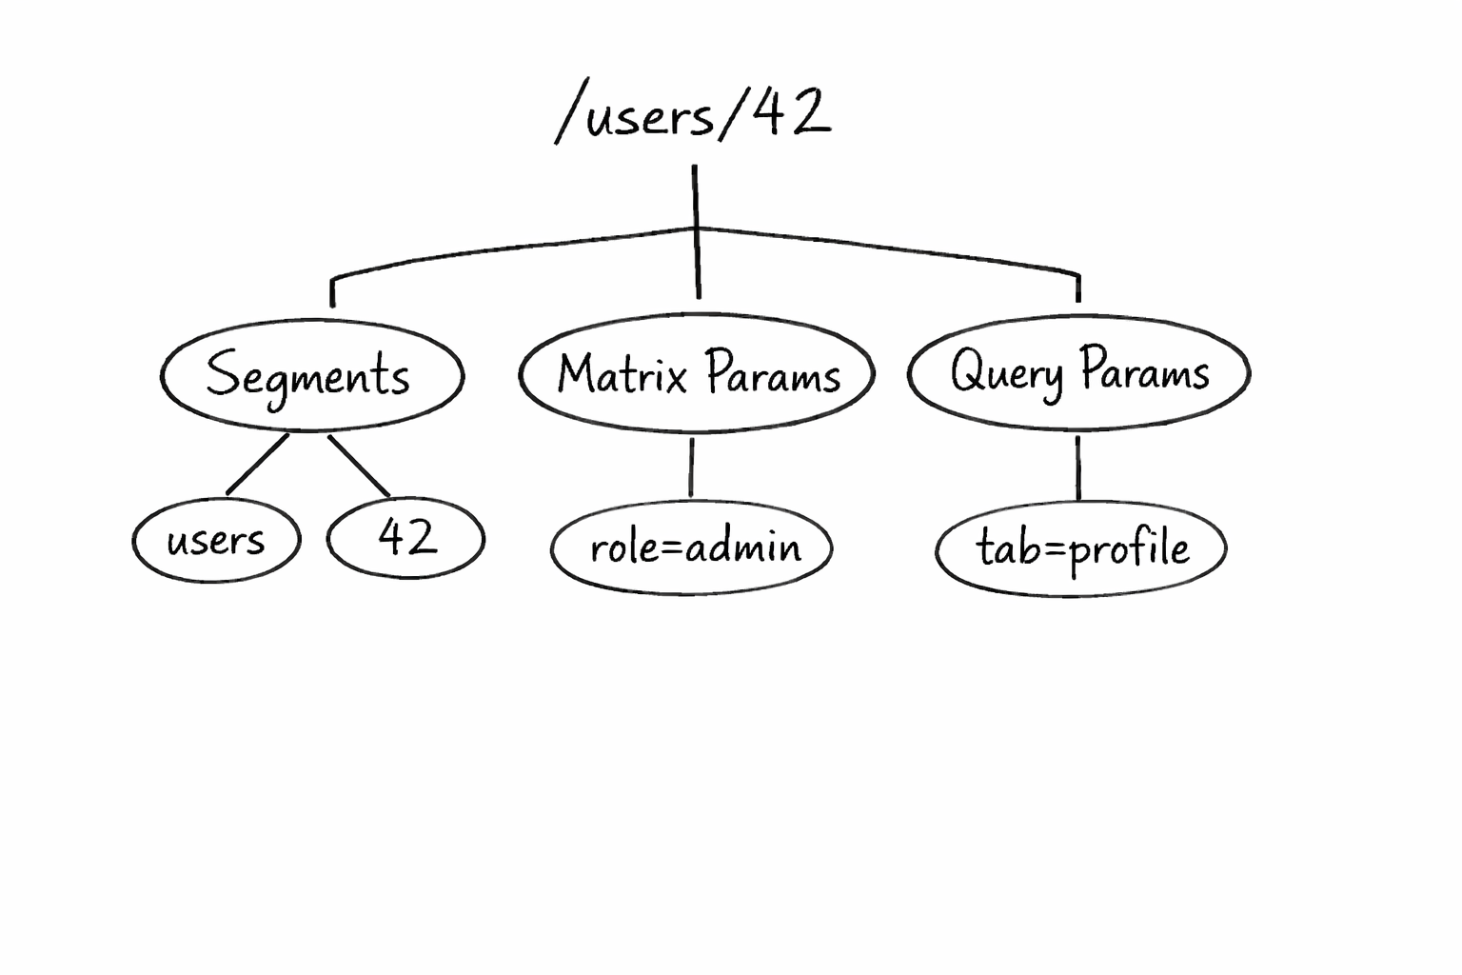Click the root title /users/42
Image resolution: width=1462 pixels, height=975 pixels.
(x=693, y=114)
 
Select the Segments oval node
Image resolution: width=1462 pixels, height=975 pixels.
(x=311, y=375)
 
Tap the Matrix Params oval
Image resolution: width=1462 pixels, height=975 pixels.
(x=696, y=372)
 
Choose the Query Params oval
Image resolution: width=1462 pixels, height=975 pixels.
(x=1078, y=370)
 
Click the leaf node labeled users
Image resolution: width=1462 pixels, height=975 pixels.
(x=216, y=540)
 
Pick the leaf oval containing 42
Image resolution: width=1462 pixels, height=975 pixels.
(x=406, y=538)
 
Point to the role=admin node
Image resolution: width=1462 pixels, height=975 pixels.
(x=692, y=547)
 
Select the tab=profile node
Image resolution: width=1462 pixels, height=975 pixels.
(x=1080, y=548)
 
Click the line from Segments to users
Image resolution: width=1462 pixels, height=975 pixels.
(x=258, y=465)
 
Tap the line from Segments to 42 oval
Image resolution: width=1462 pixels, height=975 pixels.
(x=359, y=466)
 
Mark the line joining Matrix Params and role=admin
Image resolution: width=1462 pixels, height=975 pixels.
(x=691, y=467)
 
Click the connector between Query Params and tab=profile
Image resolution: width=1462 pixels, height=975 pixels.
(x=1077, y=468)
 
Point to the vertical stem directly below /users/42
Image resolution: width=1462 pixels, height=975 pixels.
(x=695, y=196)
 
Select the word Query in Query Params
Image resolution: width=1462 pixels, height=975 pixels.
(x=1006, y=371)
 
